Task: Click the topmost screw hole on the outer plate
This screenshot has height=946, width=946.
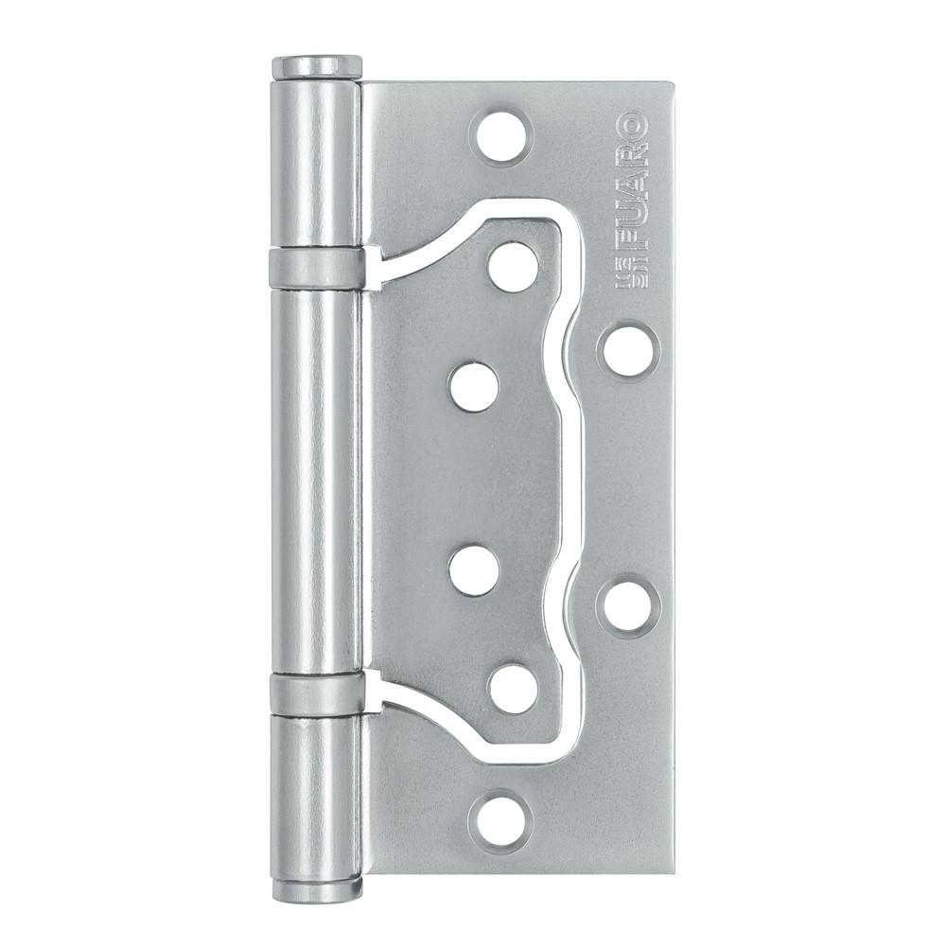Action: click(x=502, y=136)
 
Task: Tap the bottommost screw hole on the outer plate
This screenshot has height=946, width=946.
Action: click(x=501, y=817)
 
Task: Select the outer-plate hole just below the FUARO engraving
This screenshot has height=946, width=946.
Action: click(x=628, y=350)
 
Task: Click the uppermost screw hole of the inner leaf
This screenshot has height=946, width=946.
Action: click(x=514, y=267)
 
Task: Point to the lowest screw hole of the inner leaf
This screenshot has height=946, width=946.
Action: click(x=514, y=688)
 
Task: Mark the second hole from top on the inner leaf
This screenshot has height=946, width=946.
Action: click(x=474, y=387)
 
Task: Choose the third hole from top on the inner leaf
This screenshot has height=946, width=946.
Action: click(x=474, y=570)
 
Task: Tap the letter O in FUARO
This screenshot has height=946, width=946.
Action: click(x=631, y=127)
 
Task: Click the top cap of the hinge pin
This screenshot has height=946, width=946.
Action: click(x=317, y=67)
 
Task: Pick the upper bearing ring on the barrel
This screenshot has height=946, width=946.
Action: click(x=317, y=269)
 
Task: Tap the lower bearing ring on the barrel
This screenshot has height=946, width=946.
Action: click(x=317, y=694)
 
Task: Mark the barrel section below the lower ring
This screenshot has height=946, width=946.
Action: click(x=317, y=795)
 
